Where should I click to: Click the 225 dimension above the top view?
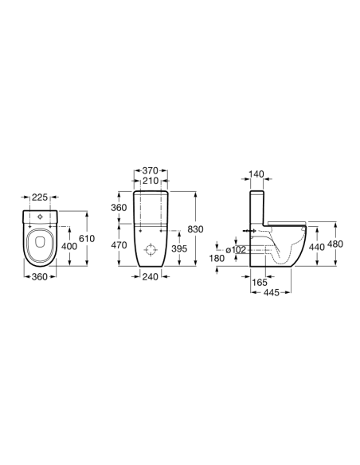point(40,197)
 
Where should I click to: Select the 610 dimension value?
point(87,238)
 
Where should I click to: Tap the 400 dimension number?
point(69,246)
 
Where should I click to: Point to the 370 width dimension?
point(150,171)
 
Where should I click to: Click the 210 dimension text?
point(151,181)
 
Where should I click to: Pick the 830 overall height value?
point(196,229)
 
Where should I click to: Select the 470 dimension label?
point(119,245)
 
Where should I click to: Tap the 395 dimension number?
point(179,248)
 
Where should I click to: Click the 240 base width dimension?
point(151,276)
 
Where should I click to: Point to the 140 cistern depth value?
point(256,174)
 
